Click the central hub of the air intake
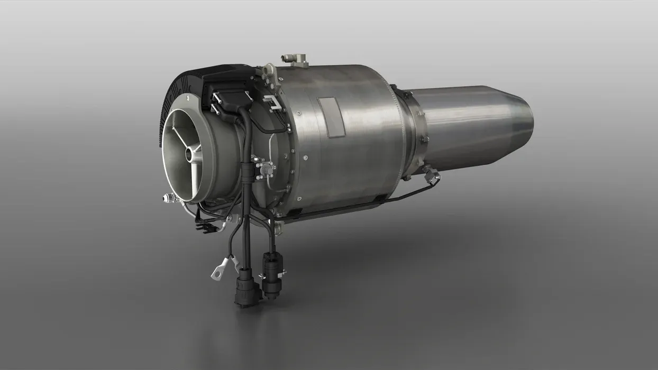[x=189, y=154]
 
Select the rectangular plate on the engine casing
[x=331, y=117]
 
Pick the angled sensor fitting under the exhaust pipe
[x=431, y=175]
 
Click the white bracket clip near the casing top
[x=273, y=104]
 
